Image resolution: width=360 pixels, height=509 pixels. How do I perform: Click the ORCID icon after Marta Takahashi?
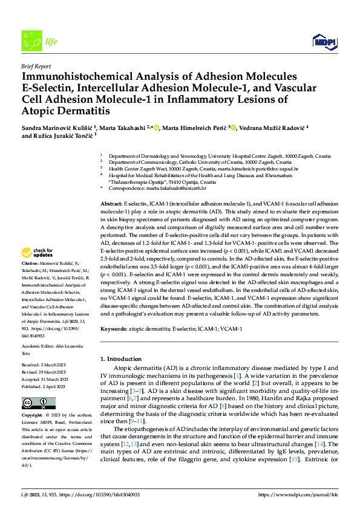[156, 128]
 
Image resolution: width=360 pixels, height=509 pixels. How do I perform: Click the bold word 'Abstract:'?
[111, 205]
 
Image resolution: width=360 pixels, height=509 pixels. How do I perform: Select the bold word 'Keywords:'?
[114, 328]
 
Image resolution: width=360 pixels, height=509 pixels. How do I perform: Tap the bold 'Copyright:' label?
[31, 416]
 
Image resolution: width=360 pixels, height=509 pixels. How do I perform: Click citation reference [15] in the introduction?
[293, 460]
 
